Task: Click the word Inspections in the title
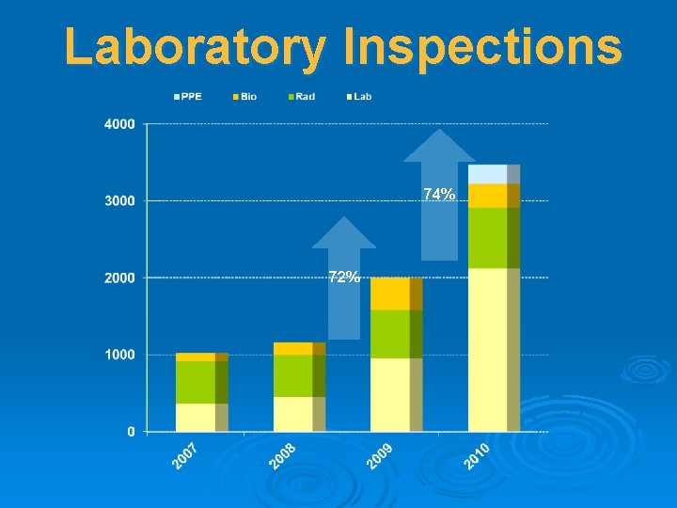pos(482,47)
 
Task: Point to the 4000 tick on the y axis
pos(118,123)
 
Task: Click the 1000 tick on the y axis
pos(118,355)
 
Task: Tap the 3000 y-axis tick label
pos(118,200)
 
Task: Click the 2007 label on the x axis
pos(185,456)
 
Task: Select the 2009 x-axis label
pos(379,456)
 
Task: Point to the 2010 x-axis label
pos(477,456)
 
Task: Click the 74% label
pos(439,195)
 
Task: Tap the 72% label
pos(343,277)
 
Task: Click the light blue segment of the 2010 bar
pos(488,174)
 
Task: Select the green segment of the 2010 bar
pos(488,237)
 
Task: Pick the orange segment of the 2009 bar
pos(390,294)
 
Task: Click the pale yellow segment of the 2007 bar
pos(196,417)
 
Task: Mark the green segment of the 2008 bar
pos(293,375)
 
